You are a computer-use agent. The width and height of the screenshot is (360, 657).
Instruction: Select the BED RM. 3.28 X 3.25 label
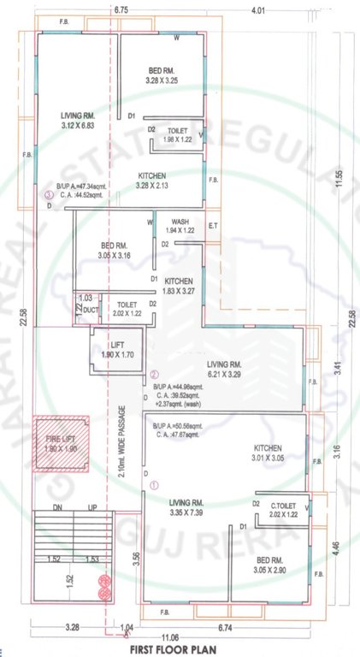coord(162,75)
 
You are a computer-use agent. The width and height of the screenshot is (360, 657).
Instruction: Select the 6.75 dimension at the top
coord(120,10)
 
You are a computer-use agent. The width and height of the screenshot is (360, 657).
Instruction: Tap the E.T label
coord(213,226)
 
